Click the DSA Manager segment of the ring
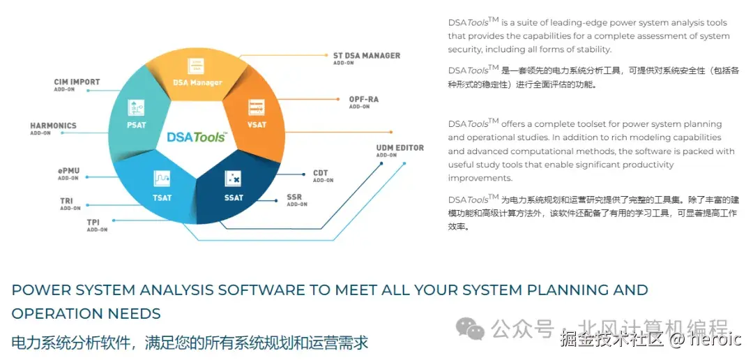pyautogui.click(x=197, y=82)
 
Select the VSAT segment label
pyautogui.click(x=257, y=125)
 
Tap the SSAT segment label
pyautogui.click(x=234, y=197)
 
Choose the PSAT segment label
pyautogui.click(x=137, y=125)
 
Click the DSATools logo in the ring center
pyautogui.click(x=196, y=137)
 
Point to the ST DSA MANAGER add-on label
pyautogui.click(x=367, y=56)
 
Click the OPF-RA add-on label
pyautogui.click(x=363, y=100)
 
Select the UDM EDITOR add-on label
pyautogui.click(x=400, y=148)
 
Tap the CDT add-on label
pyautogui.click(x=320, y=173)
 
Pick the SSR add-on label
pyautogui.click(x=294, y=197)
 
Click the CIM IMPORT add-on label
pyautogui.click(x=77, y=82)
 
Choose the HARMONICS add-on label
pyautogui.click(x=53, y=126)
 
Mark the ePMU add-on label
pyautogui.click(x=68, y=171)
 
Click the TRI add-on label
pyautogui.click(x=66, y=201)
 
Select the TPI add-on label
pyautogui.click(x=93, y=223)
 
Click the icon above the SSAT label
pyautogui.click(x=233, y=179)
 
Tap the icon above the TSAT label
pyautogui.click(x=162, y=179)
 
